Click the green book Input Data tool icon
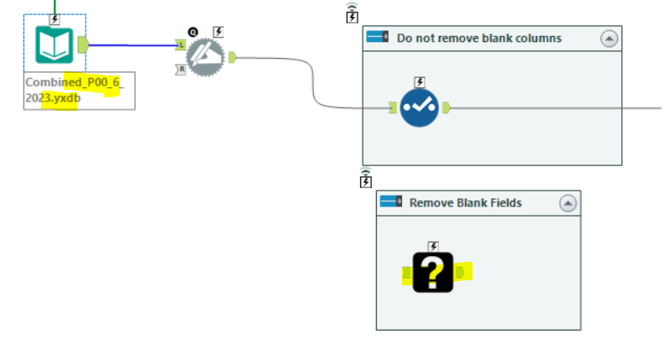54,44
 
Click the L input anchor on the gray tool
180,45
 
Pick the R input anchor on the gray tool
180,70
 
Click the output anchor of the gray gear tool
232,57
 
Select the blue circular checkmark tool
420,107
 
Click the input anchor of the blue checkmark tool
392,107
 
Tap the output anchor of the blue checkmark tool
447,107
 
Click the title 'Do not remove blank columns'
478,38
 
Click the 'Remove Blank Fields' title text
465,202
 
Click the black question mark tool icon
433,272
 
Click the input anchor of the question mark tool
406,272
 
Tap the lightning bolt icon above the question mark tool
433,246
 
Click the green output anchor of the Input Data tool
82,44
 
